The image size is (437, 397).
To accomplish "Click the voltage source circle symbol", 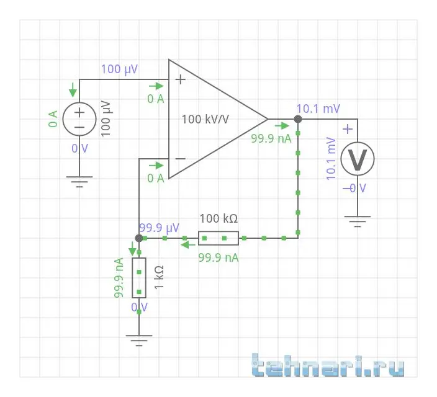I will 79,118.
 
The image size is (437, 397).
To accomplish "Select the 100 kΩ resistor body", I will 218,238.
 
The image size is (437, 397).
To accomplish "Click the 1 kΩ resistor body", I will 139,277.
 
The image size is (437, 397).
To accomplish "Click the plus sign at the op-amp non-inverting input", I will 181,79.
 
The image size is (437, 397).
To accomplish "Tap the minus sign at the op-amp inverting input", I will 181,159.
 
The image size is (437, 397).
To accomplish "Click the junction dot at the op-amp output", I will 298,118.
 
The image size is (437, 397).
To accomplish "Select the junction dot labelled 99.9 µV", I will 139,238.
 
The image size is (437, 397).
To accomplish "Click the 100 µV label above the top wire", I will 120,68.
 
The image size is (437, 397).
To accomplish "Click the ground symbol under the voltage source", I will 79,181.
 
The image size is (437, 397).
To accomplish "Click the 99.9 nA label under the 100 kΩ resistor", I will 218,256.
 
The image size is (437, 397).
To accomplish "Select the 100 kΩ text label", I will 218,219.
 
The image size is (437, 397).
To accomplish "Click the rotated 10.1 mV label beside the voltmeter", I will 331,159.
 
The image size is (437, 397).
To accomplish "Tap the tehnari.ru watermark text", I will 329,365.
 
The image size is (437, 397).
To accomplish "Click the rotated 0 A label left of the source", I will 53,118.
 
